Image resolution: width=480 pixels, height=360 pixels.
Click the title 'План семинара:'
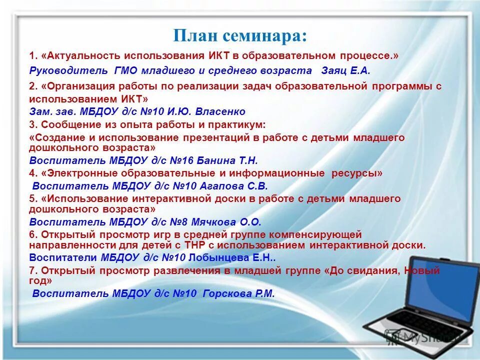pyautogui.click(x=240, y=36)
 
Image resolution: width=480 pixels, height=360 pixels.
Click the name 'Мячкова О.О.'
pyautogui.click(x=230, y=222)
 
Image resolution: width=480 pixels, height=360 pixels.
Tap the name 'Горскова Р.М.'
pyautogui.click(x=238, y=293)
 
